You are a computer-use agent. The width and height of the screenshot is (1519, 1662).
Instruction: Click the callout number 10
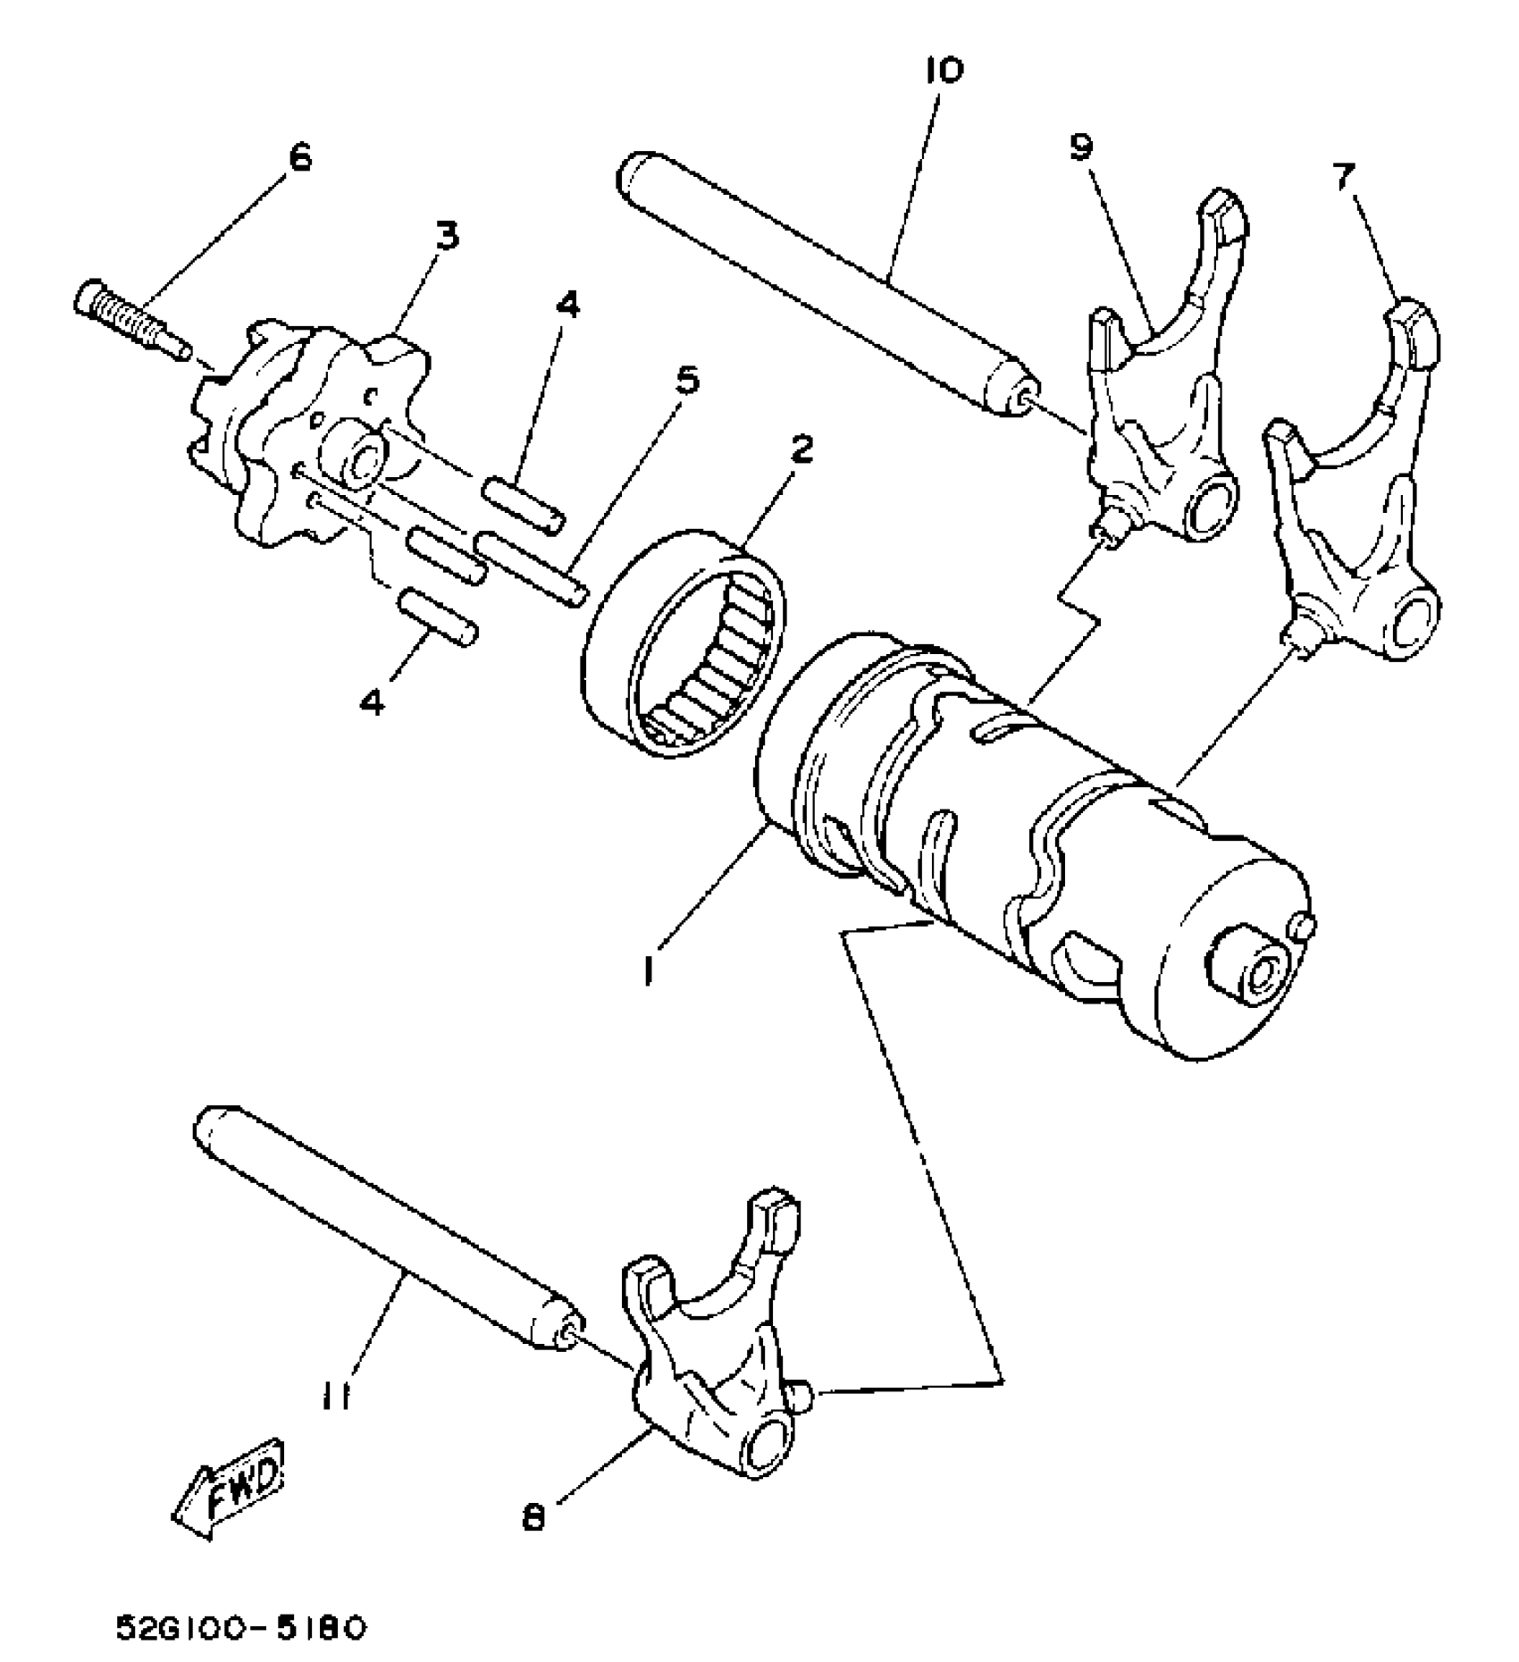point(944,71)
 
